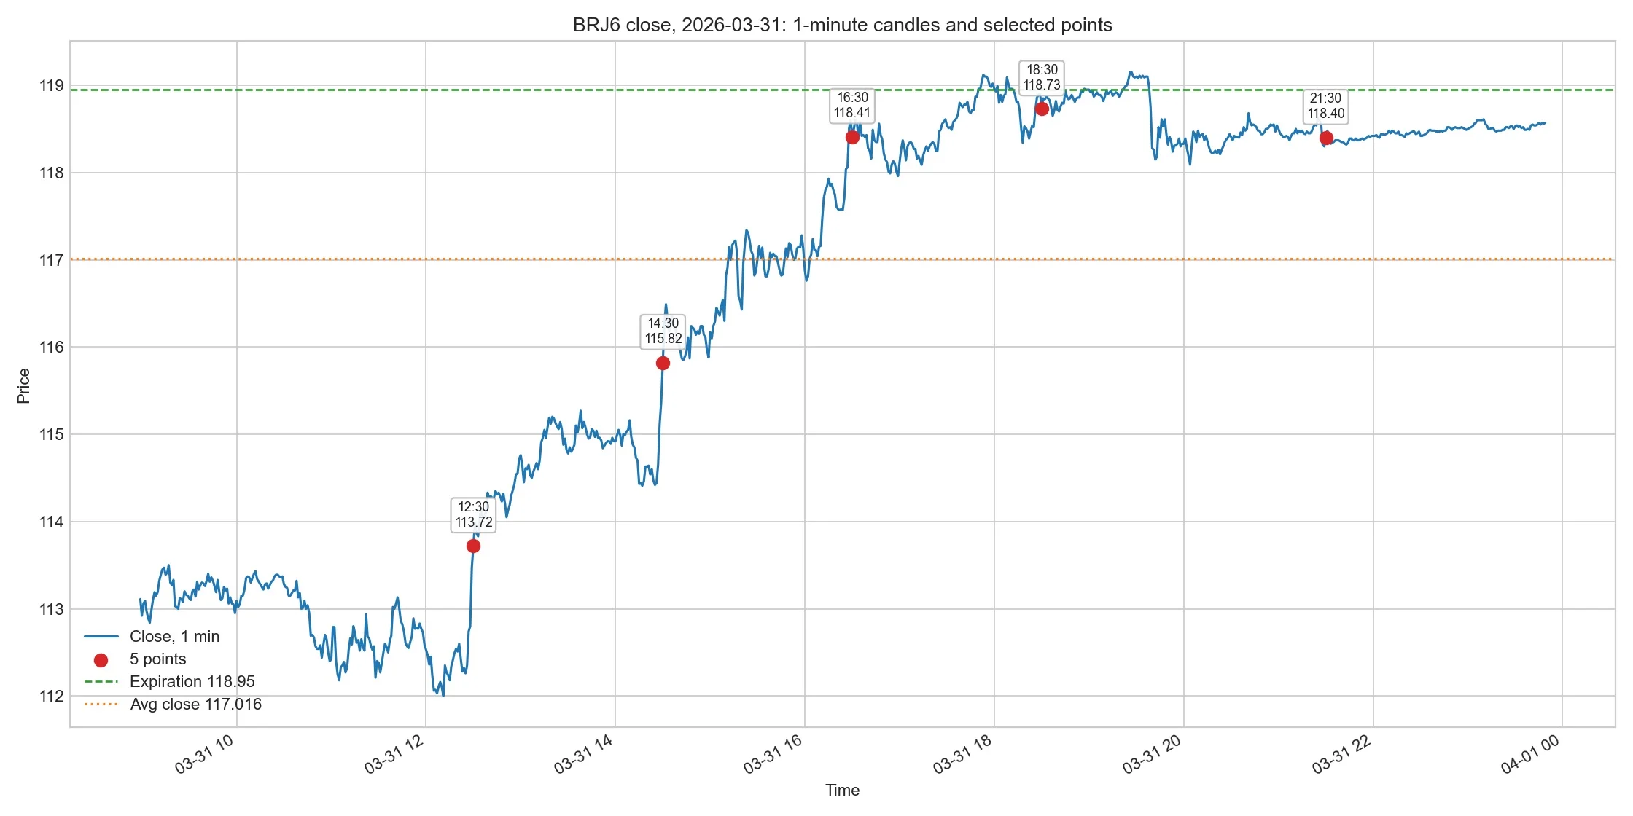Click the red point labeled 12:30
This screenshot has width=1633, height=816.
click(x=473, y=546)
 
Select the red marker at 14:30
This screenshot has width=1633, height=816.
click(x=663, y=363)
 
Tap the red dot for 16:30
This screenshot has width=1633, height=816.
click(x=852, y=137)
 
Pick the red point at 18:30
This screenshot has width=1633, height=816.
click(x=1042, y=109)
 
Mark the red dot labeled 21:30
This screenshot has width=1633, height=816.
click(x=1326, y=138)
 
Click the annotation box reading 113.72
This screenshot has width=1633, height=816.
click(x=474, y=514)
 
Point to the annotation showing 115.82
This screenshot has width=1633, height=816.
click(x=663, y=331)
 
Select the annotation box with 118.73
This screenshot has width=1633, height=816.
click(x=1042, y=77)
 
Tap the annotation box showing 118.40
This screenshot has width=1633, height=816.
click(x=1326, y=106)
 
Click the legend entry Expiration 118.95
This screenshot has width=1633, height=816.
click(x=170, y=681)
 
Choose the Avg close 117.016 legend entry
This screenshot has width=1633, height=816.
click(x=173, y=704)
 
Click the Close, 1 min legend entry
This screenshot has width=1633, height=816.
click(x=152, y=636)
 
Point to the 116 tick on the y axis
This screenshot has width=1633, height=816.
click(x=51, y=347)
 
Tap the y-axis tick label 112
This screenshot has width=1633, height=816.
click(x=51, y=696)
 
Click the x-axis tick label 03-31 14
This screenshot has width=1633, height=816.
click(x=583, y=754)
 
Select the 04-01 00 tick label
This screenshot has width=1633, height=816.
click(x=1530, y=754)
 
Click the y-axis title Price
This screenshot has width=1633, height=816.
click(x=24, y=385)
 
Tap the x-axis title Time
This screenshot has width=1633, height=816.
click(x=842, y=790)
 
